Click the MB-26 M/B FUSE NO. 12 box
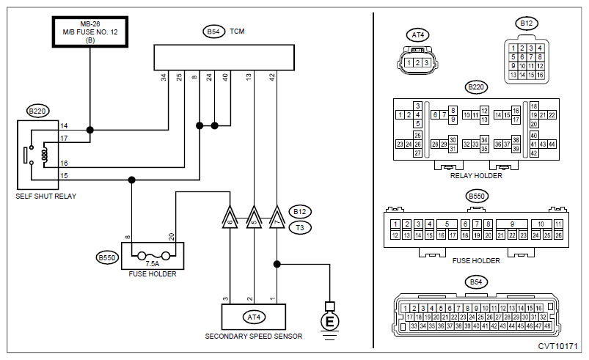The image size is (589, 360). click(x=90, y=32)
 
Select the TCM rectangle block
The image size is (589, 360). click(x=224, y=57)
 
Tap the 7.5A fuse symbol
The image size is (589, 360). click(x=153, y=257)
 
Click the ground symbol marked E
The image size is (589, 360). click(x=329, y=321)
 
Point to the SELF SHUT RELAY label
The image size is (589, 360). click(x=45, y=196)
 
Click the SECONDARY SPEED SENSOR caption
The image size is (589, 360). click(x=254, y=336)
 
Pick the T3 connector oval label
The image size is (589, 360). click(x=300, y=227)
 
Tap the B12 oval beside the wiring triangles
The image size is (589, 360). click(x=300, y=212)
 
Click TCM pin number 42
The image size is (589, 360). click(x=272, y=77)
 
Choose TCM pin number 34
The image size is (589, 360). click(x=164, y=77)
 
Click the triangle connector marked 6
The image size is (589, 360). click(x=230, y=217)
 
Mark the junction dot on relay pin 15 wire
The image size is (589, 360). click(x=131, y=180)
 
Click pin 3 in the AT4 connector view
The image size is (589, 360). click(x=426, y=63)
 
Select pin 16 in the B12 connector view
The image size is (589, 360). click(x=540, y=75)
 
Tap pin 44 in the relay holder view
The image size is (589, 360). click(x=552, y=144)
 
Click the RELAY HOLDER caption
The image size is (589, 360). click(x=476, y=176)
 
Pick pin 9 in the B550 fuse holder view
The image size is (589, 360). click(x=512, y=224)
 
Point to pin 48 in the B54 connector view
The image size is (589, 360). click(x=547, y=326)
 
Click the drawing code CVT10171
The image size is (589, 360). click(x=557, y=346)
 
